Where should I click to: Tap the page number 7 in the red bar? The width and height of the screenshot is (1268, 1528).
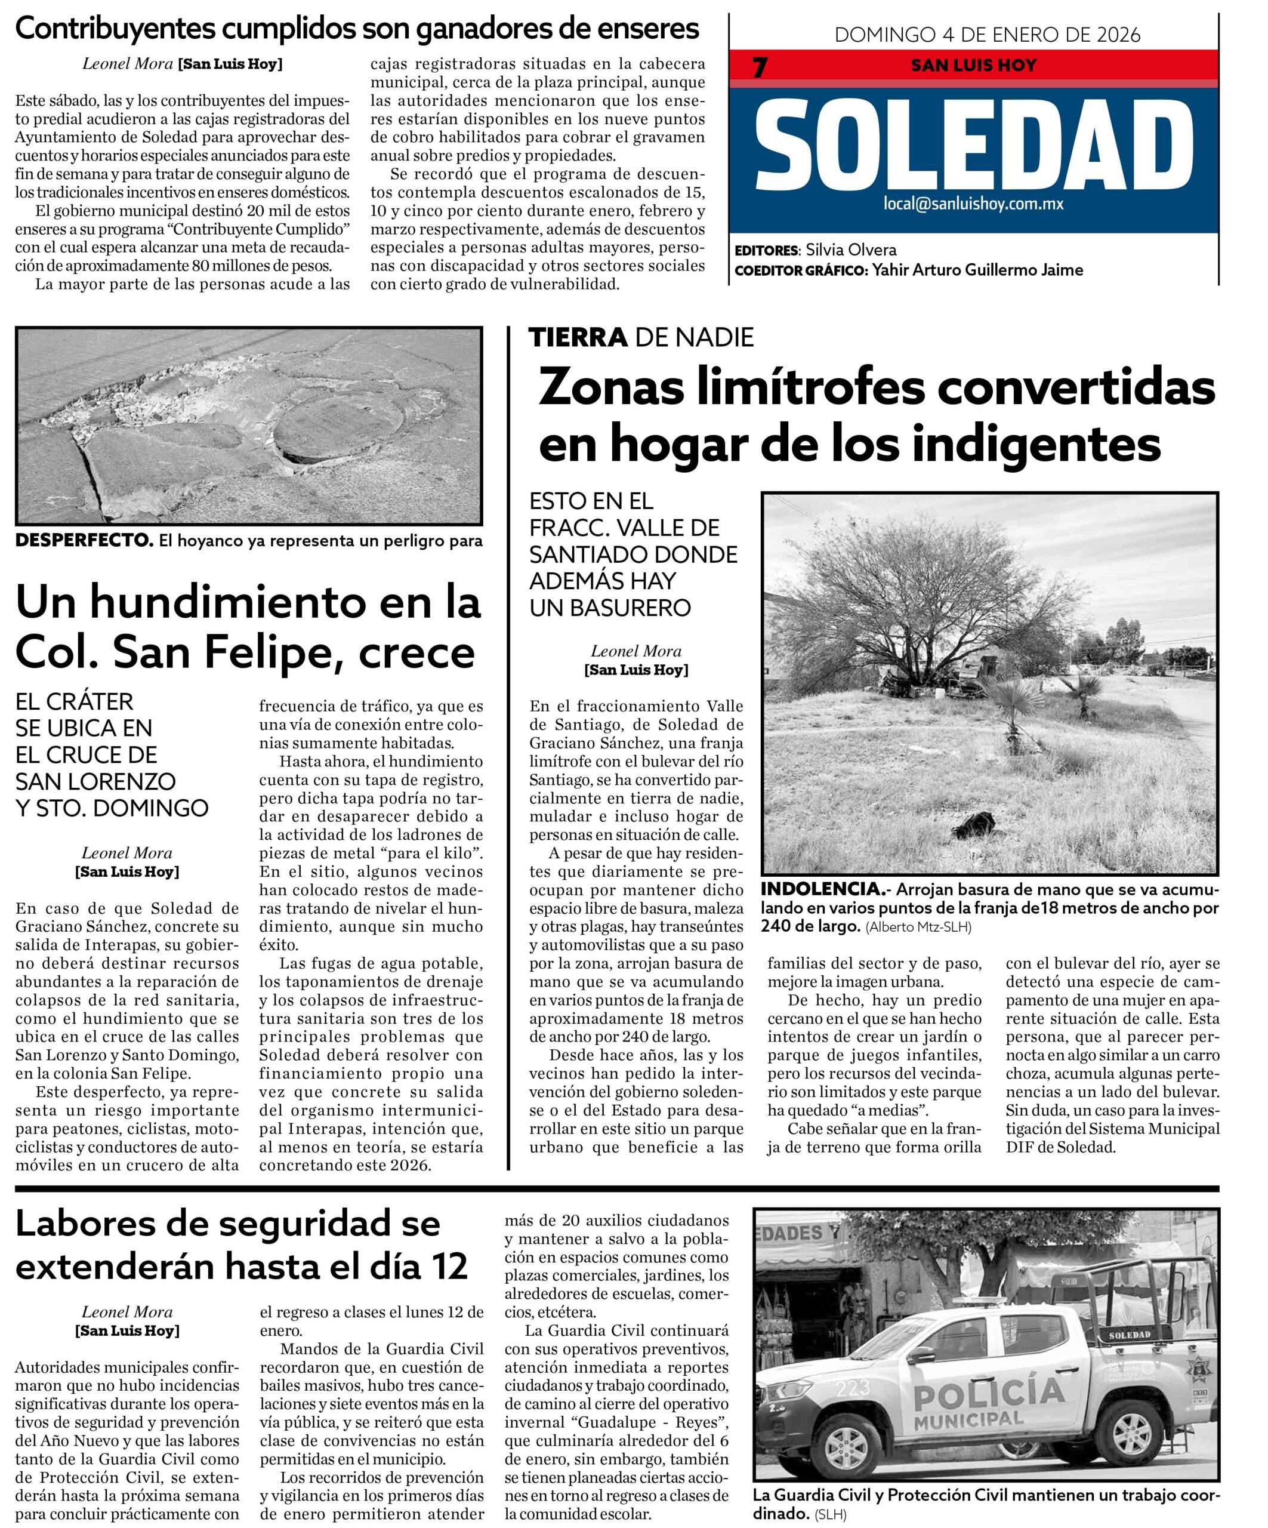760,67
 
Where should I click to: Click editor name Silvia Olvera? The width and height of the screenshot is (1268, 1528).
851,250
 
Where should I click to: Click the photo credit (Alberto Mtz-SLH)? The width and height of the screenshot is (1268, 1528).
918,927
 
